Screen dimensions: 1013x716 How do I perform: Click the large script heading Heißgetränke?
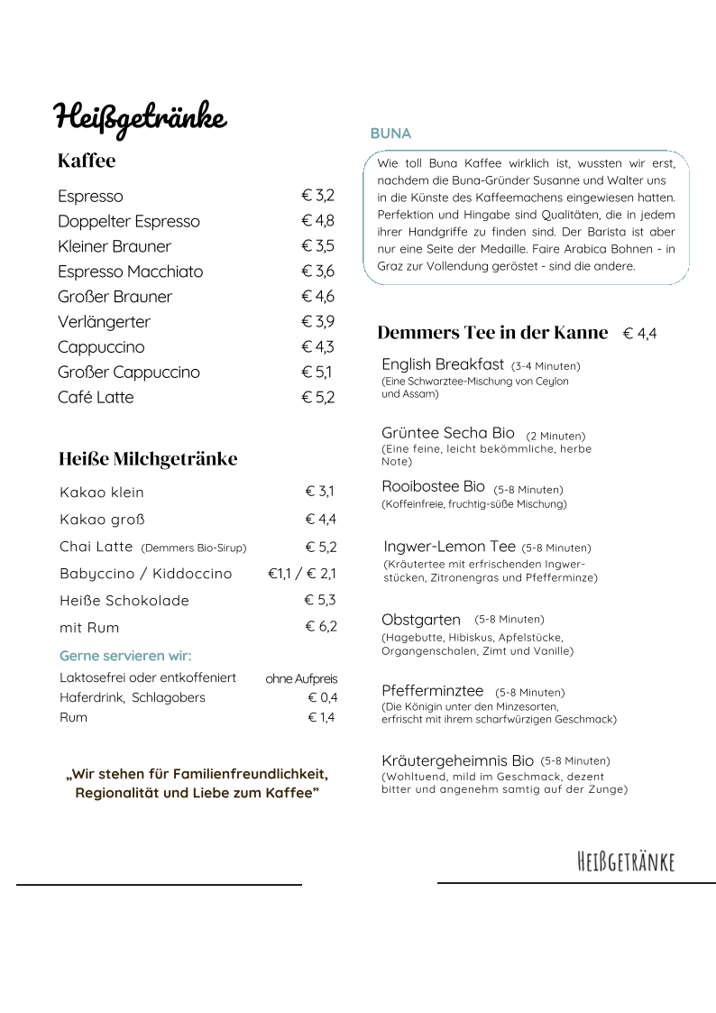[x=140, y=117]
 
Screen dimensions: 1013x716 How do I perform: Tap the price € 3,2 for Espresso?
[x=317, y=196]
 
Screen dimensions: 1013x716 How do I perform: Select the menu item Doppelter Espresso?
[x=129, y=221]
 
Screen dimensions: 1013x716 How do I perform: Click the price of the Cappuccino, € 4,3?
[x=317, y=347]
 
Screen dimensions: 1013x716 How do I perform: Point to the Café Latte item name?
[x=96, y=398]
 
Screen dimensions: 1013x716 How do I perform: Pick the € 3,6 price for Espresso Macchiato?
[x=317, y=272]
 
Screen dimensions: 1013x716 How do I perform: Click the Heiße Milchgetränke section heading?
[x=148, y=459]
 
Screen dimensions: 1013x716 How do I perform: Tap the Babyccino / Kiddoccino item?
[x=145, y=574]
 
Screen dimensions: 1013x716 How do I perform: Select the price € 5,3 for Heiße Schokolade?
[x=320, y=601]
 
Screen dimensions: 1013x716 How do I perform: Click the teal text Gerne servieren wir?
[x=125, y=656]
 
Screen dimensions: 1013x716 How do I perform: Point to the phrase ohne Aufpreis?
[x=301, y=678]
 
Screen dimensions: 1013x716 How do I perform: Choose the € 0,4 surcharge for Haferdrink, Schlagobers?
[x=322, y=697]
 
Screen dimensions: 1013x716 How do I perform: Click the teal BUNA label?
[x=390, y=134]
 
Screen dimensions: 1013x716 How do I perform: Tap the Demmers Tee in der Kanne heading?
[x=492, y=333]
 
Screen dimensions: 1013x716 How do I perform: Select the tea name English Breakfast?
[x=443, y=364]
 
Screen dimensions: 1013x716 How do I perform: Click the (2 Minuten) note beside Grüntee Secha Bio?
[x=555, y=436]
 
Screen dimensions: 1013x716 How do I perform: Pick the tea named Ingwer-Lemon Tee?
[x=449, y=547]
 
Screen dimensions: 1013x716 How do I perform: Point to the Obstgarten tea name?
[x=421, y=620]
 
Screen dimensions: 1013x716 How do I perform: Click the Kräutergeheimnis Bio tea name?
[x=457, y=760]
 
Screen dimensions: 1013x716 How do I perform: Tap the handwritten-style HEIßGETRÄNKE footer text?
[x=625, y=861]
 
